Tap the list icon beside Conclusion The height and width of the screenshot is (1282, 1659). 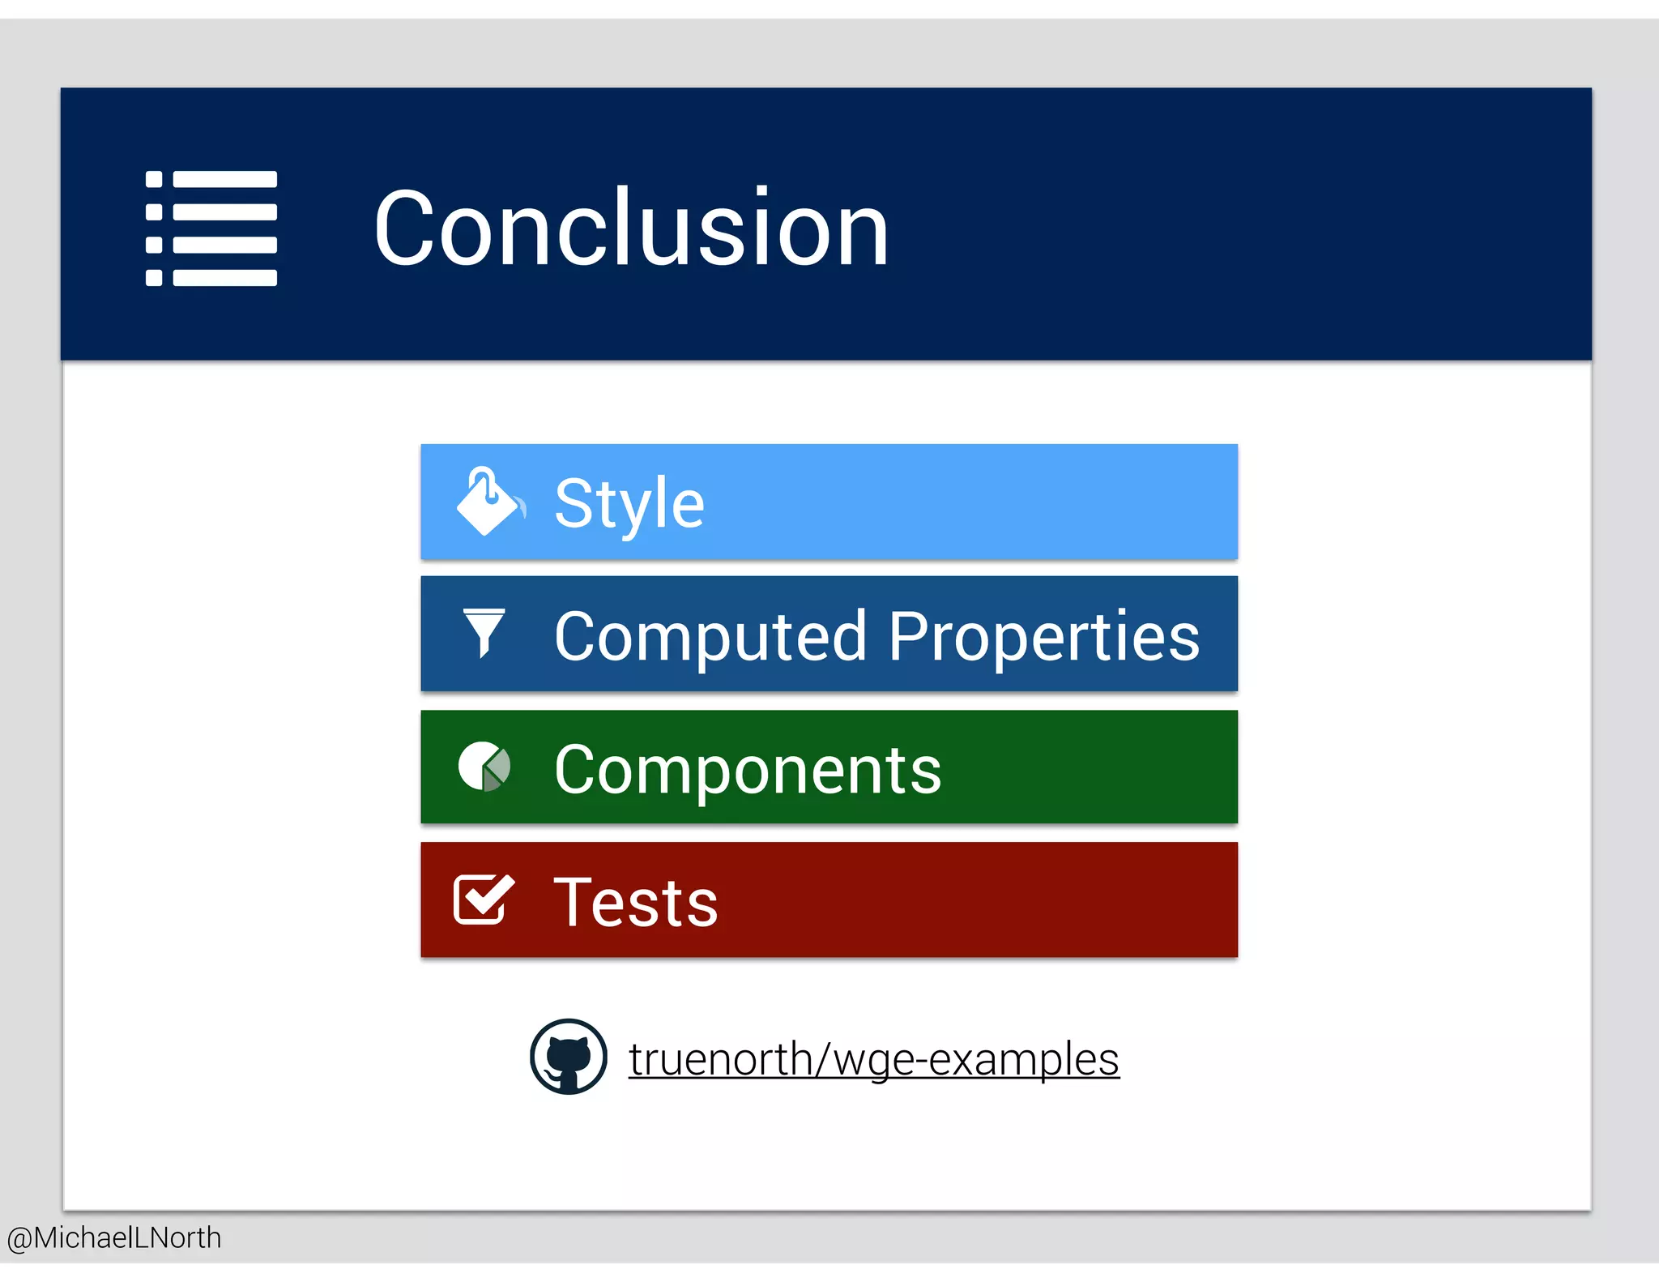pyautogui.click(x=211, y=229)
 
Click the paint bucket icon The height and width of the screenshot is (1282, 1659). pyautogui.click(x=488, y=502)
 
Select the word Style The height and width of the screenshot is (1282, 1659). pyautogui.click(x=629, y=503)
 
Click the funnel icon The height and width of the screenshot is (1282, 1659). pyautogui.click(x=484, y=632)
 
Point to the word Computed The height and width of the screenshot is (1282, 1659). pyautogui.click(x=710, y=637)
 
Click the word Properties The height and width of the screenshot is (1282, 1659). pyautogui.click(x=1043, y=637)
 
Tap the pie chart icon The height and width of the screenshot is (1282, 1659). pyautogui.click(x=484, y=766)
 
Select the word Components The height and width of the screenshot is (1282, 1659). pyautogui.click(x=747, y=770)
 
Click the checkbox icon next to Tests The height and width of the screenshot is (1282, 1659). pyautogui.click(x=484, y=900)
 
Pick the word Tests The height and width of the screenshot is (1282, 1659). pyautogui.click(x=635, y=903)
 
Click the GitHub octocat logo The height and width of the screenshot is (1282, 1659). pyautogui.click(x=568, y=1057)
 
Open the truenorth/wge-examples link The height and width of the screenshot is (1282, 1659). pyautogui.click(x=873, y=1059)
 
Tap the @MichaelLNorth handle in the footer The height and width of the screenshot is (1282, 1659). pyautogui.click(x=114, y=1237)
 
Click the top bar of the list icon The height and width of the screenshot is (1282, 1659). pyautogui.click(x=225, y=179)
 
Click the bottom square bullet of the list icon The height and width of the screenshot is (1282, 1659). pyautogui.click(x=154, y=278)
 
